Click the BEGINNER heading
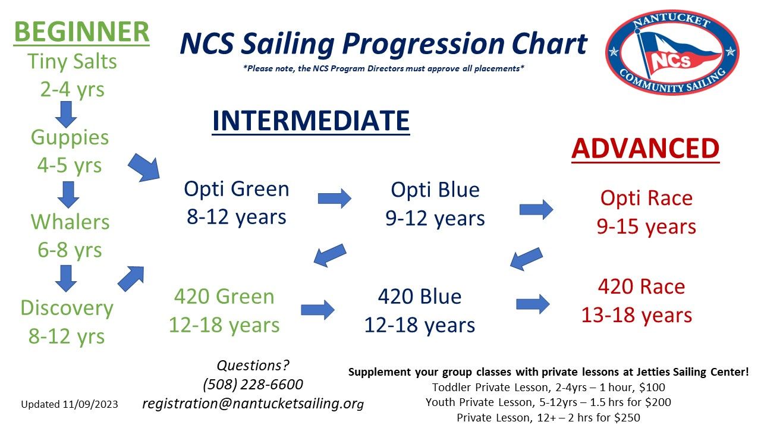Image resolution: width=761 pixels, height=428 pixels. click(x=81, y=32)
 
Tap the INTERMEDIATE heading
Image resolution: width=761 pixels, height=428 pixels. click(x=310, y=121)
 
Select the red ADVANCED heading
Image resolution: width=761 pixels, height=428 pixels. click(x=645, y=149)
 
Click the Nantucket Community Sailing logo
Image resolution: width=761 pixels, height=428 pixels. click(x=672, y=52)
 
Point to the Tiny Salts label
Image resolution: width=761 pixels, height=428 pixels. click(x=72, y=62)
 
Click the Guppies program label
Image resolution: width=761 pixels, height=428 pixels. click(x=70, y=137)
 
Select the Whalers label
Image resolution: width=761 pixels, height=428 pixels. click(x=70, y=222)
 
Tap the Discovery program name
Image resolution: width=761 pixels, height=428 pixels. click(x=67, y=308)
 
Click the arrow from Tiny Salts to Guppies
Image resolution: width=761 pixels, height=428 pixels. click(x=65, y=114)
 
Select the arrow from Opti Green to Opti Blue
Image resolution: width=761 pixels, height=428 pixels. click(x=334, y=198)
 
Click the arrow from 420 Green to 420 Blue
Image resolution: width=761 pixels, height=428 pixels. click(x=317, y=309)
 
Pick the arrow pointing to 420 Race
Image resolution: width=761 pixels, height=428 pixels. click(x=532, y=304)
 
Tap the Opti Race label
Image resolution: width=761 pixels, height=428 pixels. click(x=646, y=198)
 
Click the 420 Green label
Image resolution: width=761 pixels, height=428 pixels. click(x=224, y=296)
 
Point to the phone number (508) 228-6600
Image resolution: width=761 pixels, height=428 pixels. click(x=253, y=384)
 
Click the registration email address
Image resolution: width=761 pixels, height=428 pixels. click(x=253, y=404)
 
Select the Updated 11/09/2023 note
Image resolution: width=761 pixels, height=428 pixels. click(x=70, y=404)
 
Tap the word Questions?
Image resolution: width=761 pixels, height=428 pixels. click(x=253, y=365)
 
